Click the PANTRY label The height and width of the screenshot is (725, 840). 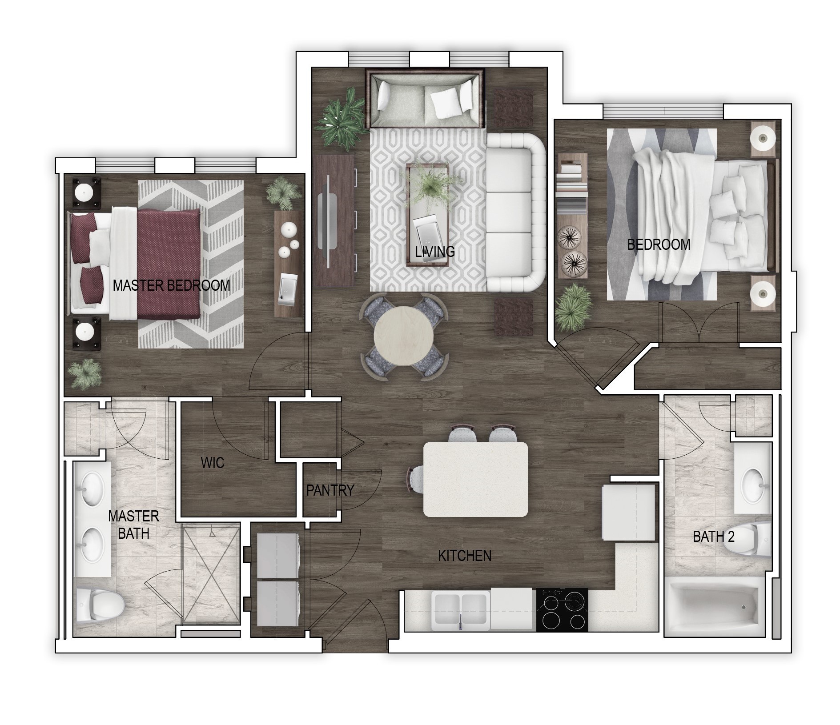330,490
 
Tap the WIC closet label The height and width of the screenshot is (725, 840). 213,463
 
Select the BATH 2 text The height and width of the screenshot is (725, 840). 713,537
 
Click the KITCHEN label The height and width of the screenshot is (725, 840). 465,556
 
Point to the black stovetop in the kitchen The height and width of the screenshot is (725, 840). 562,609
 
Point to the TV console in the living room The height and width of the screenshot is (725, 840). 336,220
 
